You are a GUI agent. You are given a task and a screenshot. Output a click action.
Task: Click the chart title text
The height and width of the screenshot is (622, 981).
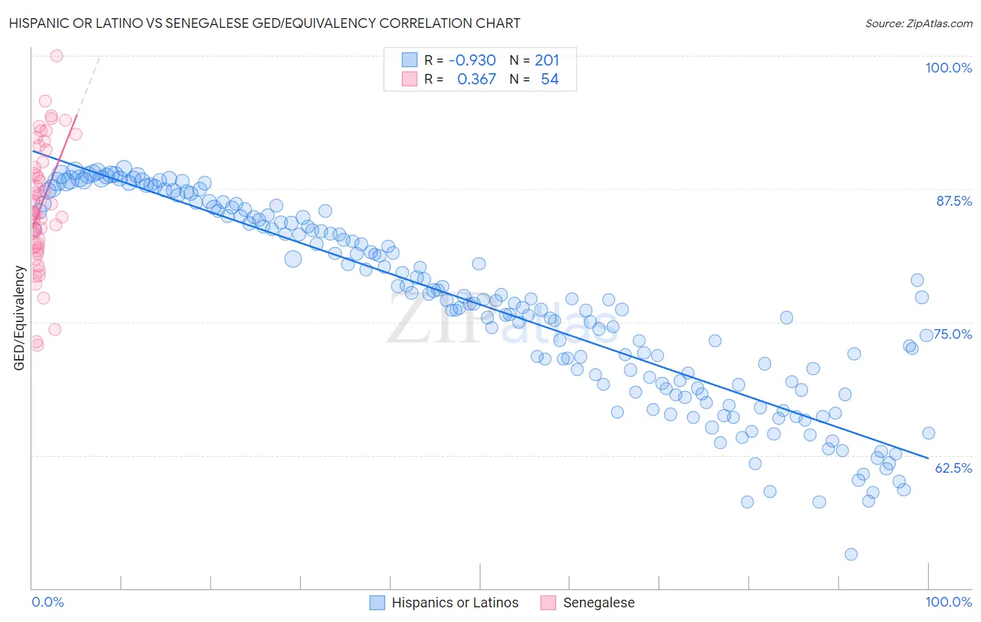(x=264, y=23)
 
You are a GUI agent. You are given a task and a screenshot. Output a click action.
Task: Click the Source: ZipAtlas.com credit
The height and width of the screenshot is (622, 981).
(x=918, y=23)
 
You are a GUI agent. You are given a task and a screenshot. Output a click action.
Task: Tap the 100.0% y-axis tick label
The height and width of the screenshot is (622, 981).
(x=948, y=68)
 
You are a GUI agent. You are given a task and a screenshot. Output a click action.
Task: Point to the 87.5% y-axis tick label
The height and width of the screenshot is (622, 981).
(x=954, y=201)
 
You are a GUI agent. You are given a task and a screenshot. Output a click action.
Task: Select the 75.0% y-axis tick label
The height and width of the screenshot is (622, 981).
(x=953, y=334)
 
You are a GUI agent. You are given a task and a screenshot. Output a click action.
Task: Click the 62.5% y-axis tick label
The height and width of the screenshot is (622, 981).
(x=953, y=468)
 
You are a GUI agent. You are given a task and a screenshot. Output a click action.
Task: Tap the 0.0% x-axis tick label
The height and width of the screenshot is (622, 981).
(x=48, y=602)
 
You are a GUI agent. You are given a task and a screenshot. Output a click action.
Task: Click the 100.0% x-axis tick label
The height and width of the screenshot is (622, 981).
(x=948, y=602)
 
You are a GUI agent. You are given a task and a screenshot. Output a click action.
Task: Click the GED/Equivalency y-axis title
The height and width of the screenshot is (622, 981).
(x=20, y=319)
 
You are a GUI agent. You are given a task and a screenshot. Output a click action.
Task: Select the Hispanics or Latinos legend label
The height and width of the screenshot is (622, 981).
(x=455, y=602)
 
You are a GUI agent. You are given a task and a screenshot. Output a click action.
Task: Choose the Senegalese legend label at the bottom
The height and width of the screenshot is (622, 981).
(x=599, y=602)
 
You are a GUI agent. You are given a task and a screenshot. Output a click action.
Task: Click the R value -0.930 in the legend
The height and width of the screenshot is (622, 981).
(x=472, y=61)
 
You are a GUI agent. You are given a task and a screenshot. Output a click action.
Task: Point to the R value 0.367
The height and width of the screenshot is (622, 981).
(x=477, y=79)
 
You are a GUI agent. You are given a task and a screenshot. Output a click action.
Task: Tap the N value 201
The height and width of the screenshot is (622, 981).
(x=547, y=61)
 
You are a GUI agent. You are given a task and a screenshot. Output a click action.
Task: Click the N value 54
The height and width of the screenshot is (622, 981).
(x=550, y=79)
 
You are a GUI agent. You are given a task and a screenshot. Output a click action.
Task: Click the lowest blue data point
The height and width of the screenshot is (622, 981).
(x=851, y=554)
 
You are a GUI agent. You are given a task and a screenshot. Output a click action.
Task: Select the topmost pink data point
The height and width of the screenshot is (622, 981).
(x=57, y=56)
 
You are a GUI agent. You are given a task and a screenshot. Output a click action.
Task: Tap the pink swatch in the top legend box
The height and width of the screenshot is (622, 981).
(x=410, y=79)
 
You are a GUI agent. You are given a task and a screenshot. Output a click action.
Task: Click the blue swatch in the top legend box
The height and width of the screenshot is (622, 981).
(x=410, y=60)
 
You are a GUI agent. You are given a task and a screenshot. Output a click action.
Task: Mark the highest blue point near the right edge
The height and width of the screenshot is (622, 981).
(x=917, y=280)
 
